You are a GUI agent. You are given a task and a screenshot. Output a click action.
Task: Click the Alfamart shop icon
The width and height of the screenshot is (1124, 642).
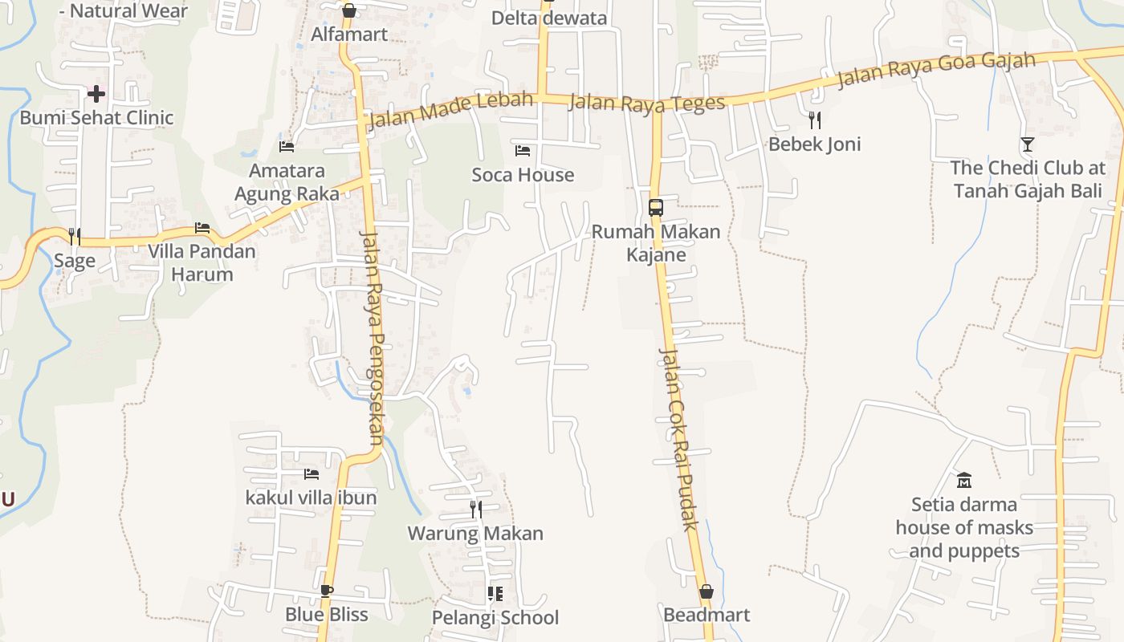tap(348, 10)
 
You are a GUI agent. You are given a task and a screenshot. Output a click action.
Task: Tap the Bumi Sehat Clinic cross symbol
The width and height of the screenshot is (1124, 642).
tap(96, 94)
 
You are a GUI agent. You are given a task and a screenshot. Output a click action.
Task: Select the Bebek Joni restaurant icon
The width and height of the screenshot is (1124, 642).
tap(815, 120)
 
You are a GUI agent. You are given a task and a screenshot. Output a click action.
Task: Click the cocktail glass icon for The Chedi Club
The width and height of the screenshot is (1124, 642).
tap(1028, 144)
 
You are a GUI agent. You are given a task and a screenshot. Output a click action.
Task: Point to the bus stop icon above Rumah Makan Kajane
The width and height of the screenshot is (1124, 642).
tap(656, 208)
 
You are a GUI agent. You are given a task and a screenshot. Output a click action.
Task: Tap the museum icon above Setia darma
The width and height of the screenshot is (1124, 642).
tap(964, 481)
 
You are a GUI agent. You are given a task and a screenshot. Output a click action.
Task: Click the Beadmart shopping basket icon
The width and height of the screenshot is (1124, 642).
tap(707, 592)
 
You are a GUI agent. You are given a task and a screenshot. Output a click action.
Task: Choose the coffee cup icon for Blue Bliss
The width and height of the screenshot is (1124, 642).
tap(326, 591)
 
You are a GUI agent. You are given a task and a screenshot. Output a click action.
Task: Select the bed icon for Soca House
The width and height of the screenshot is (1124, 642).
tap(523, 151)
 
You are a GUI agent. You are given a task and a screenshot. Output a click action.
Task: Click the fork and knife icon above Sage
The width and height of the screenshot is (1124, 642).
tap(74, 236)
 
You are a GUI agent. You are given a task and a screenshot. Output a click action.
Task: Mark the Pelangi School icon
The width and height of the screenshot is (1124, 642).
tap(495, 594)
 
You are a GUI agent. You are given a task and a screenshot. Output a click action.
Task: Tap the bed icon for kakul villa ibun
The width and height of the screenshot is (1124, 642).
tap(312, 474)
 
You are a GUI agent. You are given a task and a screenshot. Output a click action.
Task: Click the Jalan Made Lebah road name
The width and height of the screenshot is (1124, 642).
tap(450, 110)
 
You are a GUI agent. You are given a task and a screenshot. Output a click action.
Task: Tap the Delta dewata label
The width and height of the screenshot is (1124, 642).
tap(549, 18)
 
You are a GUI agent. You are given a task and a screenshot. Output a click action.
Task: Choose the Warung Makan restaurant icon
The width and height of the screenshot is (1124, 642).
tap(476, 509)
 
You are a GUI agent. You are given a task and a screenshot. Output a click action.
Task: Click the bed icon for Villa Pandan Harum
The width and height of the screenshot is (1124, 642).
tap(202, 228)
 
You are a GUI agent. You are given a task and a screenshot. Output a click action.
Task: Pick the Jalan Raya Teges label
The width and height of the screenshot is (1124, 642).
tap(647, 103)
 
